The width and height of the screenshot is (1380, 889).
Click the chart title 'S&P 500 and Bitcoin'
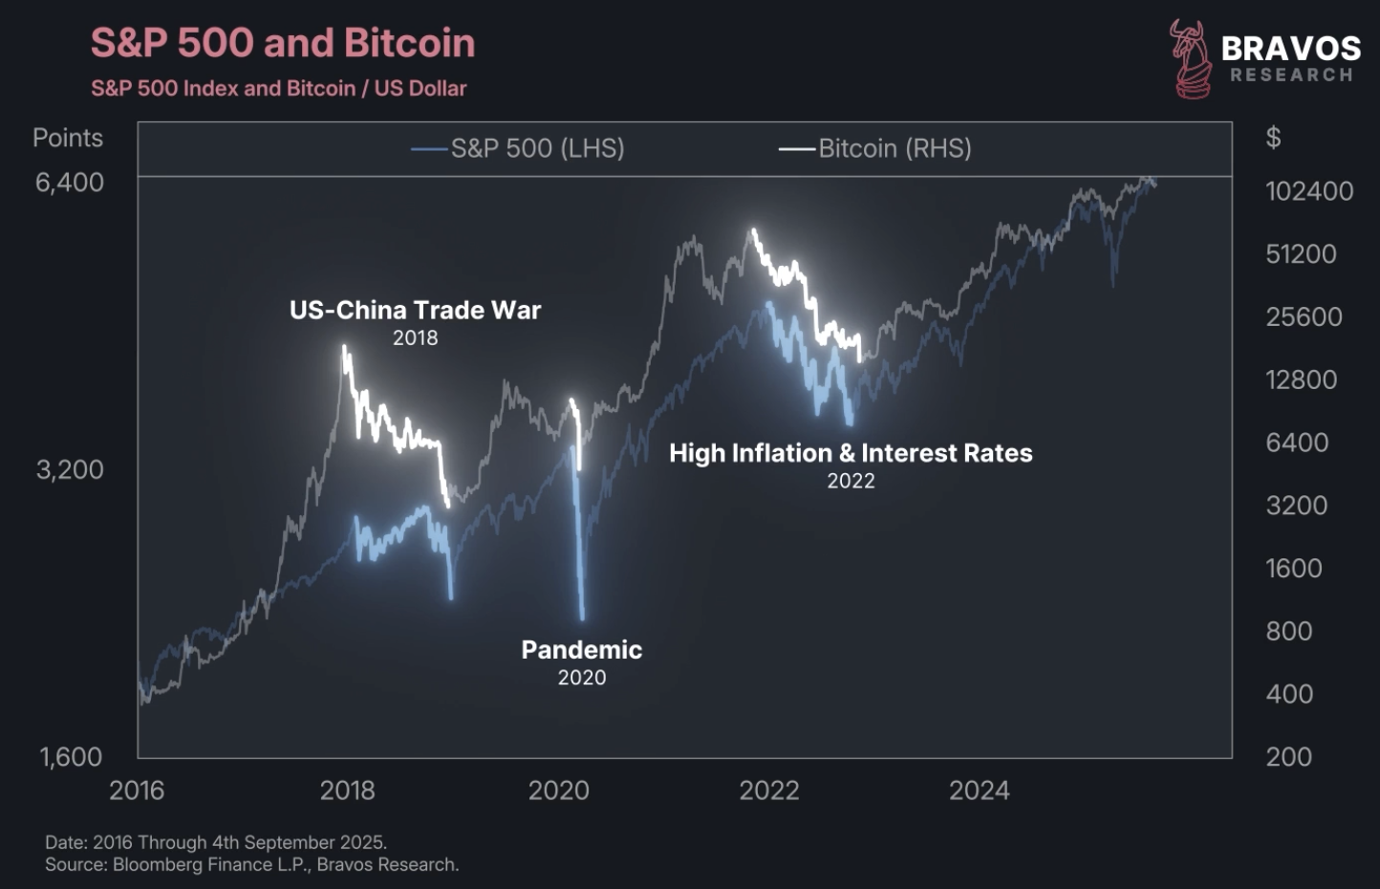pos(283,44)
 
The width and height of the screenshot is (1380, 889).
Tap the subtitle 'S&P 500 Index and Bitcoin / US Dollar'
pos(279,89)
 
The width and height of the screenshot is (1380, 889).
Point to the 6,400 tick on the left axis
pos(70,183)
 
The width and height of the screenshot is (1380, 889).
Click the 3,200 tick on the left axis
pos(70,469)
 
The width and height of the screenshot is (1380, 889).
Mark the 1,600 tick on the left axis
pos(71,757)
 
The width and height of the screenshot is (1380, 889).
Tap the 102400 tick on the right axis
pos(1309,191)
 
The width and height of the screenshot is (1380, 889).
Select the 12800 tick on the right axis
pos(1301,380)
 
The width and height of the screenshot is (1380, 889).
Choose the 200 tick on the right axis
pos(1288,757)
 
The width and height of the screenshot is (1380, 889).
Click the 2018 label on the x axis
pos(348,791)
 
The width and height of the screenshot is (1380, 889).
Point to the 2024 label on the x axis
pos(979,791)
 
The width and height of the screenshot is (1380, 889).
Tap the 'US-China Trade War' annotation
pos(415,311)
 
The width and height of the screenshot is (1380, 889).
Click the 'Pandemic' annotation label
pos(581,650)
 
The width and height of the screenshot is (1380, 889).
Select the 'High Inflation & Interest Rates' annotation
pos(851,453)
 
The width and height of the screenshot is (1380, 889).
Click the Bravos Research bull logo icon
pos(1190,59)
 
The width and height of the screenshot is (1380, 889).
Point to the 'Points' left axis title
pos(68,138)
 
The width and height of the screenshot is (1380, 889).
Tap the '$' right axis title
pos(1273,138)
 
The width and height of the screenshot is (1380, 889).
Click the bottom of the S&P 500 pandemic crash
pos(582,618)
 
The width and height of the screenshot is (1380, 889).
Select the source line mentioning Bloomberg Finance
pos(252,865)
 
